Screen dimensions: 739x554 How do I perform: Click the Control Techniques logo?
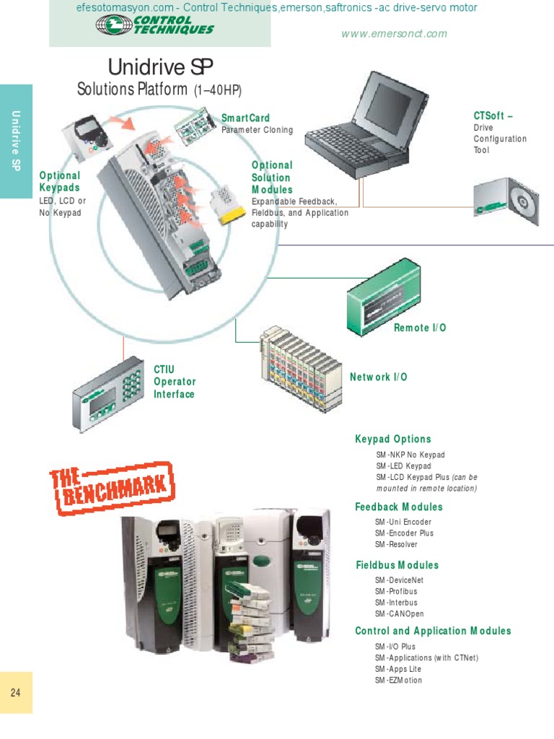(x=154, y=26)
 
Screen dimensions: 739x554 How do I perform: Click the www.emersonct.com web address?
(x=394, y=34)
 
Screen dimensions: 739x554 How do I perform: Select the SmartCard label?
(x=245, y=118)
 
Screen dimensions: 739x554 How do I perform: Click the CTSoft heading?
(x=493, y=115)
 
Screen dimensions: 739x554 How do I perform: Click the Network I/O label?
(x=379, y=377)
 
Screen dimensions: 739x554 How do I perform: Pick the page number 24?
(x=16, y=693)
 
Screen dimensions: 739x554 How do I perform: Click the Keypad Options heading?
(x=392, y=439)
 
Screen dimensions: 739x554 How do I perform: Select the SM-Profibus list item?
(x=396, y=591)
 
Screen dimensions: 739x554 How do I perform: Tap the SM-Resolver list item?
(x=396, y=544)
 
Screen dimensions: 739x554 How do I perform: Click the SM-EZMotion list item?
(x=398, y=680)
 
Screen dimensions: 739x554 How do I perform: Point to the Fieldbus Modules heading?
(x=397, y=565)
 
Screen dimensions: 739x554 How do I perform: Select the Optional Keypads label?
(x=59, y=181)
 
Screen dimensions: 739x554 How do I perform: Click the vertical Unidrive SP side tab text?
(x=16, y=141)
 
